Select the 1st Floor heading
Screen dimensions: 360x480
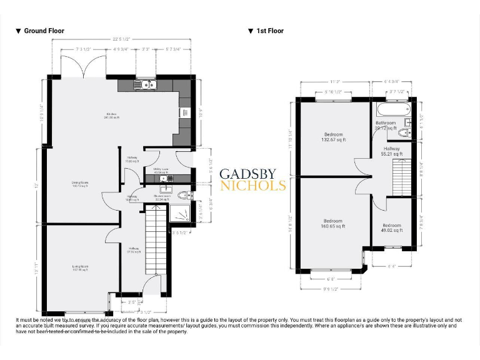[x=269, y=31]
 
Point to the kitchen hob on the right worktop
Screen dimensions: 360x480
[x=185, y=112]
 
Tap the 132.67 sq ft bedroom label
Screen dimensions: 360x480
[x=333, y=137]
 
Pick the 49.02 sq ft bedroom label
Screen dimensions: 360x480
[x=392, y=227]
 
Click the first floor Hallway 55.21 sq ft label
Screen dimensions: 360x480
[x=392, y=151]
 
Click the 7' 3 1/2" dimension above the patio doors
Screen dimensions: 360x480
[x=84, y=48]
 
